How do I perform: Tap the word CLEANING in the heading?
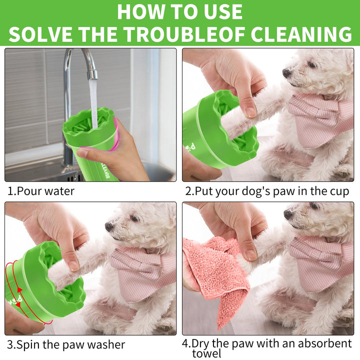(x=301, y=34)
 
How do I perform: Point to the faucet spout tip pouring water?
(x=92, y=75)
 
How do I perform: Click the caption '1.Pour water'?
(x=41, y=191)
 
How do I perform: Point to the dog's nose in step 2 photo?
(x=287, y=73)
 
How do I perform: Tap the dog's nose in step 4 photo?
(x=288, y=214)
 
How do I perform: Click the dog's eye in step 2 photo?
(x=312, y=64)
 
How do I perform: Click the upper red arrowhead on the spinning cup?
(x=20, y=290)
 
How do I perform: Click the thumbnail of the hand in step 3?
(x=73, y=264)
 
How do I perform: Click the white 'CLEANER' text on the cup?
(x=106, y=171)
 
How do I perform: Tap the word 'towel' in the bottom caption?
(x=206, y=354)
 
